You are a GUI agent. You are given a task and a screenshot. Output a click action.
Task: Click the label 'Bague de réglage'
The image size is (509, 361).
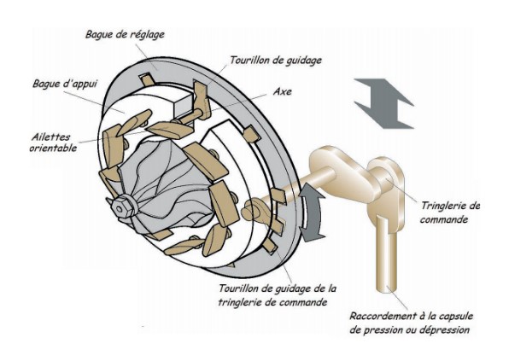click(125, 35)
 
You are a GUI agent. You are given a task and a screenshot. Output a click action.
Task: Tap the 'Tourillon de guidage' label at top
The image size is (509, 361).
click(276, 61)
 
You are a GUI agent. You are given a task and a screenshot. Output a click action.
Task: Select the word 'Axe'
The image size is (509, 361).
click(282, 91)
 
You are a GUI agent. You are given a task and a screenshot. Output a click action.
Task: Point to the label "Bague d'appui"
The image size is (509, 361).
click(65, 84)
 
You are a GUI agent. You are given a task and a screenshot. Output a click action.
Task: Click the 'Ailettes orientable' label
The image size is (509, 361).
click(54, 143)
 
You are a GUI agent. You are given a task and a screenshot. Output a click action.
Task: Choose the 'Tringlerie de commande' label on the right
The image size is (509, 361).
click(450, 213)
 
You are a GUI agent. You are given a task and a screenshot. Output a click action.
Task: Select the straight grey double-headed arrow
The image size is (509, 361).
click(383, 103)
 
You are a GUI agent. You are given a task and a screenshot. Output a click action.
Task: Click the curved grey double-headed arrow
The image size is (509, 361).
click(312, 213)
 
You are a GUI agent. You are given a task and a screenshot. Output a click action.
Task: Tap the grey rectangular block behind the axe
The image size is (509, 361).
click(184, 105)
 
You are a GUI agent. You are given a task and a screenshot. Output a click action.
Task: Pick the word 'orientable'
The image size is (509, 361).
click(54, 148)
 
